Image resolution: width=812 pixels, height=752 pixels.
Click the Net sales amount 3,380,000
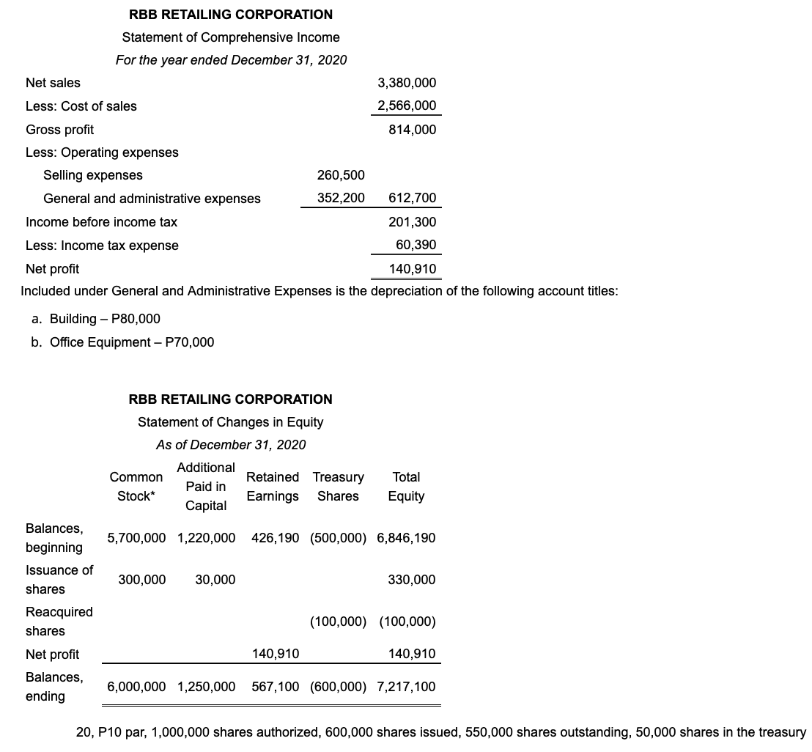coord(407,83)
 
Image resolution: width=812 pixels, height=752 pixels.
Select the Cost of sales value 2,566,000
coord(407,106)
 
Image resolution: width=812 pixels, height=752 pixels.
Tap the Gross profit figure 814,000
coord(413,130)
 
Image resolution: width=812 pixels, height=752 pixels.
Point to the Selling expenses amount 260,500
coord(341,175)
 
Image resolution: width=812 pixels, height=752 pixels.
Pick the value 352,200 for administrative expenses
coord(341,198)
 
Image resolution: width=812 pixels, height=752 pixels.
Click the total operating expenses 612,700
coord(413,198)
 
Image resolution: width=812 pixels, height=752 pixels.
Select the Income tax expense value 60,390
coord(416,244)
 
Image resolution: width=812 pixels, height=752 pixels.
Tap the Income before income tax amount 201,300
coord(413,221)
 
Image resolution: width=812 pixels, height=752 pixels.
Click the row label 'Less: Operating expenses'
coord(102,152)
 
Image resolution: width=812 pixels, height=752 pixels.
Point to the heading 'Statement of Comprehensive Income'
coord(231,37)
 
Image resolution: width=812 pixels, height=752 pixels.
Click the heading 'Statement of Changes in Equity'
coord(230,422)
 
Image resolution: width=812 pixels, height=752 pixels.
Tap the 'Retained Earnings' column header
coord(273,487)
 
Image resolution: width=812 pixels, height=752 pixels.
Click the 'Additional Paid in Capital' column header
coord(206,487)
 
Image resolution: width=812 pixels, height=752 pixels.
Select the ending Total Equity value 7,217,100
coord(406,687)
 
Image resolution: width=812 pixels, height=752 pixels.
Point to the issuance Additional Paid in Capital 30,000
coord(215,580)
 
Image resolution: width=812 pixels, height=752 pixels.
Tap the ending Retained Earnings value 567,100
coord(275,687)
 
